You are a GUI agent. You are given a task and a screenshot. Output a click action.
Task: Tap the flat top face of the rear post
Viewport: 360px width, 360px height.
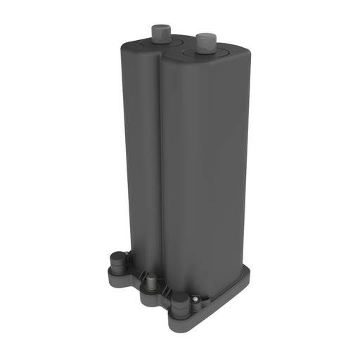(158, 26)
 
